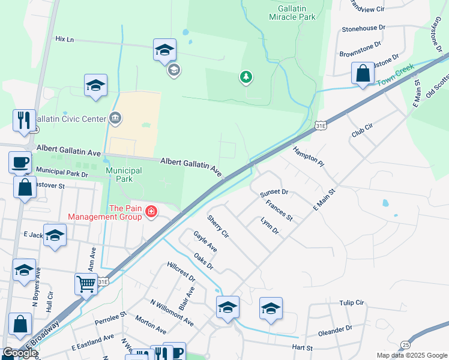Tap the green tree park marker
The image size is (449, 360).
point(246,77)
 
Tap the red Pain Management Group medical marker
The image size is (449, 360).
point(150,211)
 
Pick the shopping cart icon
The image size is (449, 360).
point(86,284)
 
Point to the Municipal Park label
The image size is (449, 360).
point(124,175)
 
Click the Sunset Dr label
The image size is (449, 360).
point(274,193)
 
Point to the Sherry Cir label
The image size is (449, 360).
point(218,225)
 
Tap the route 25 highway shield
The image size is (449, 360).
point(406,344)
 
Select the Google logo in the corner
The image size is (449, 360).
point(19,353)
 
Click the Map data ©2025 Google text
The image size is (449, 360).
point(411,355)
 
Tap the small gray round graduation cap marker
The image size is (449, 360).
point(173,71)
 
